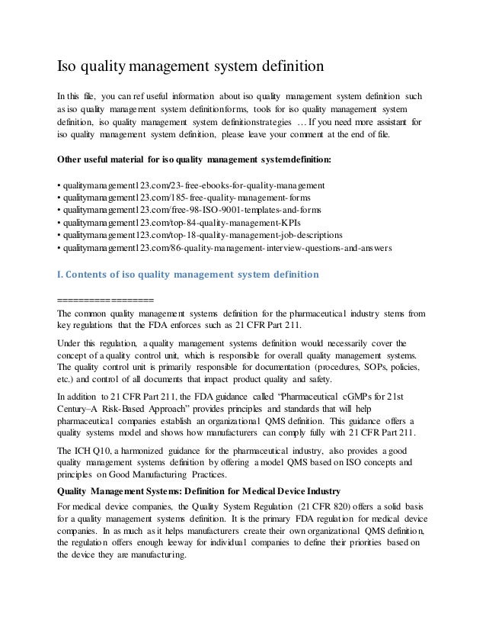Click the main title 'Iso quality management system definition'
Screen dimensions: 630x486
[192, 66]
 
